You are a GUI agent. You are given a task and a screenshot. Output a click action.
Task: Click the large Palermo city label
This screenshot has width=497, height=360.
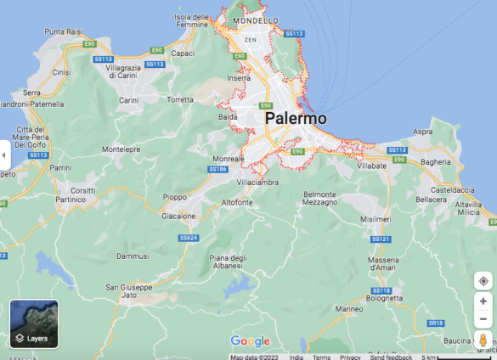click(x=296, y=119)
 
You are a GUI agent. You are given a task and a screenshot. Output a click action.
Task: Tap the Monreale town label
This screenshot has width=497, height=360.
click(x=228, y=159)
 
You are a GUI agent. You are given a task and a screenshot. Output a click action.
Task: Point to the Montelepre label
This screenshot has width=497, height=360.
click(x=121, y=149)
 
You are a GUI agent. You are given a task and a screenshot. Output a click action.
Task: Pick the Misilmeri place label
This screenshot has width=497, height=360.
click(x=376, y=218)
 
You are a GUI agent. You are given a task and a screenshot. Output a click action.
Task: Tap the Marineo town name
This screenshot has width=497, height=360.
click(x=348, y=310)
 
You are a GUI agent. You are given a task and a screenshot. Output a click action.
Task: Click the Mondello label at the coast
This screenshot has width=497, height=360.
click(x=256, y=20)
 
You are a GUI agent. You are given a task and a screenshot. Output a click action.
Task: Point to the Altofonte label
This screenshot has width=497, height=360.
click(x=237, y=202)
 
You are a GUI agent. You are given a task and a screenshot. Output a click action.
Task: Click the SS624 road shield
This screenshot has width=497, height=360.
click(x=188, y=238)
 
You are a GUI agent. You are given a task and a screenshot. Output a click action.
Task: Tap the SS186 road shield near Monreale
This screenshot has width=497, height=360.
click(x=217, y=170)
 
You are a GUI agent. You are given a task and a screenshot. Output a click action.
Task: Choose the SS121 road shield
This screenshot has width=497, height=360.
click(x=381, y=240)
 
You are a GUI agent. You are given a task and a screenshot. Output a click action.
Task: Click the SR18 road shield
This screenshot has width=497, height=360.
click(x=436, y=323)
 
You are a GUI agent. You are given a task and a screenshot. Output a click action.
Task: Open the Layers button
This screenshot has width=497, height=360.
click(x=34, y=324)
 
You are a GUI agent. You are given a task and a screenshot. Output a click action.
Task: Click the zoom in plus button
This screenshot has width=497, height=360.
click(x=483, y=301)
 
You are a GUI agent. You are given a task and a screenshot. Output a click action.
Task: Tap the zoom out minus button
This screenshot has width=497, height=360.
click(x=483, y=318)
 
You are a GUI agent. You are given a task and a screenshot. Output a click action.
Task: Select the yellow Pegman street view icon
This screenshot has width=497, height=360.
click(x=483, y=341)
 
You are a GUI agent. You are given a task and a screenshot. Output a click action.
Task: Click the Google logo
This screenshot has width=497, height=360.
click(x=250, y=341)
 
